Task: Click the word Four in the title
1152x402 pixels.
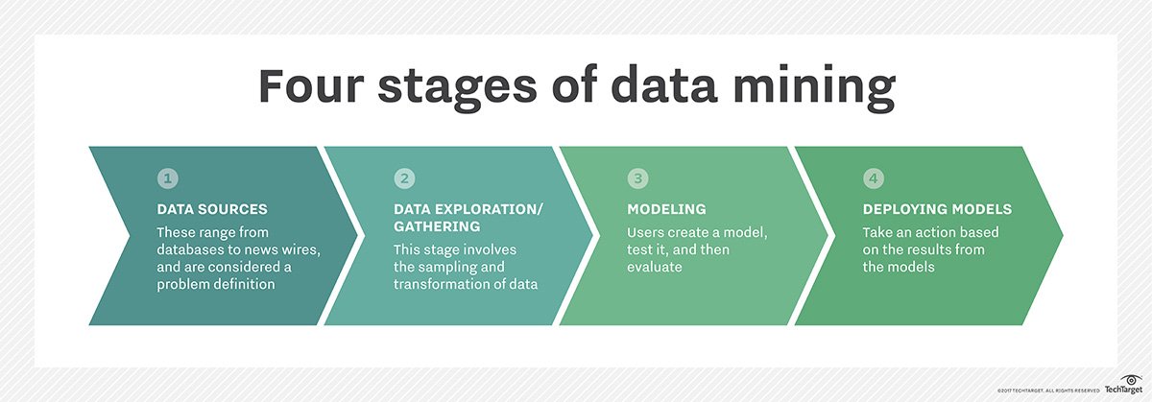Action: point(311,85)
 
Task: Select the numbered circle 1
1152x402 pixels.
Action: point(168,178)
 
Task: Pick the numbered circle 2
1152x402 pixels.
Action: point(405,178)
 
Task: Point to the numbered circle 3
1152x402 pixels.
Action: point(637,178)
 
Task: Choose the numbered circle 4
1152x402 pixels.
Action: point(874,178)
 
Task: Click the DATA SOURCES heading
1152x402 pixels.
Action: point(212,209)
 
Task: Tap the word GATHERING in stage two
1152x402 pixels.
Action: point(437,226)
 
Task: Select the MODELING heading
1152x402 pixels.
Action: point(666,209)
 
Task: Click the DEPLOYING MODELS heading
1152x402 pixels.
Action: point(937,209)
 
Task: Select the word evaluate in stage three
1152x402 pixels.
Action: point(654,267)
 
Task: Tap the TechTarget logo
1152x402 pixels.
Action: point(1124,385)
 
